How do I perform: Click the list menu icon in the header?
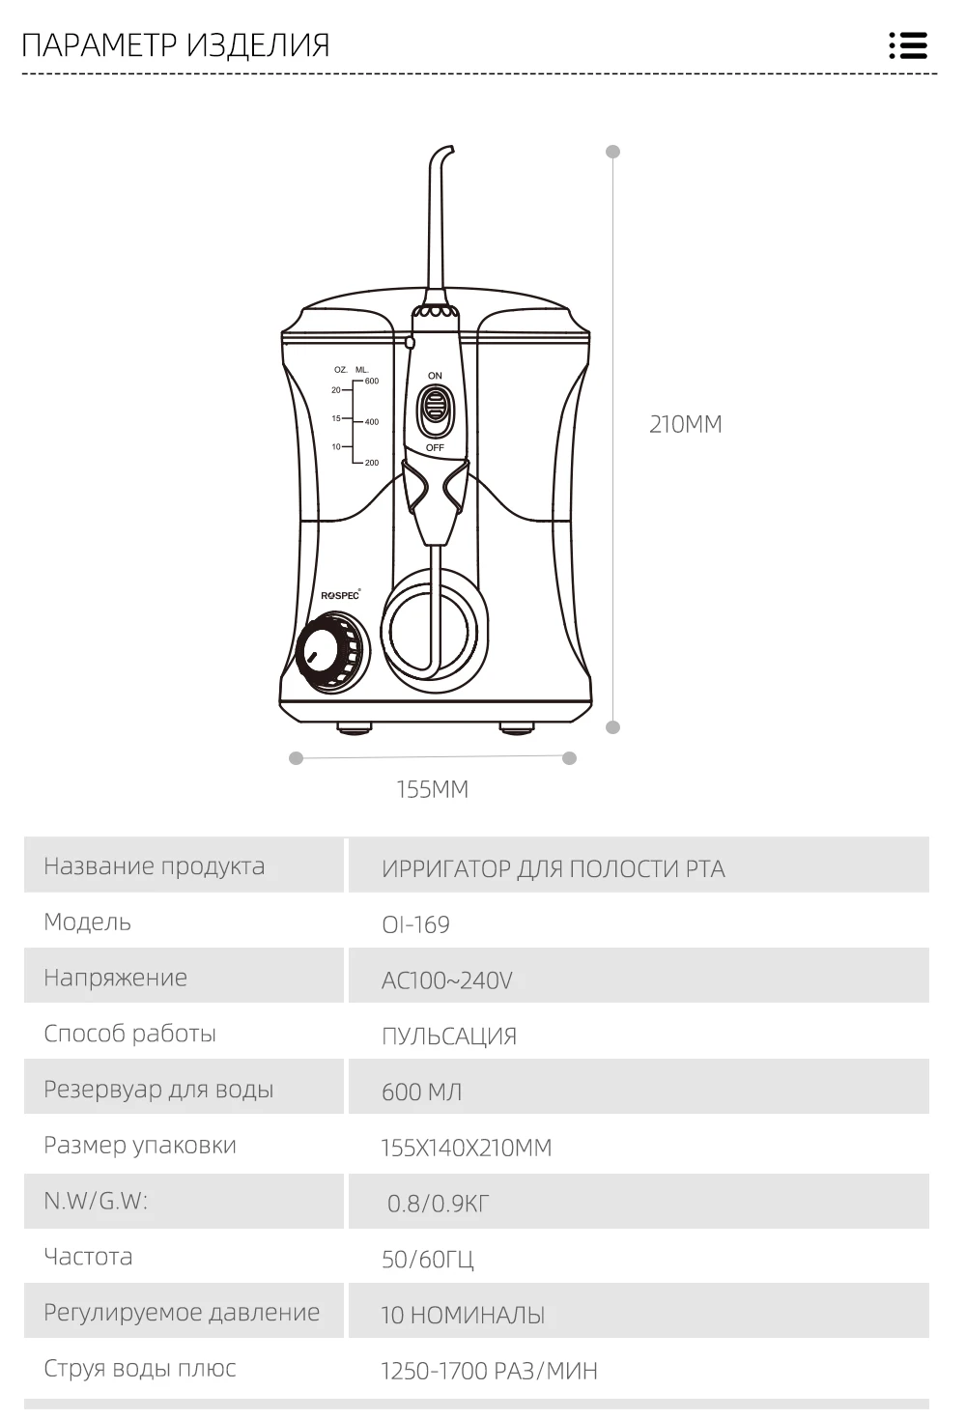point(908,45)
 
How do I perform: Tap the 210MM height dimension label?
point(685,424)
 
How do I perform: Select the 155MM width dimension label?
point(432,789)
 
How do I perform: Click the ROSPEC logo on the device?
point(340,595)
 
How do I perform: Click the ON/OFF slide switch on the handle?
point(435,411)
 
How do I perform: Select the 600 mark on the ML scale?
point(371,382)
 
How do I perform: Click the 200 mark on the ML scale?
point(371,463)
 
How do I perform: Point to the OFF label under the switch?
point(435,448)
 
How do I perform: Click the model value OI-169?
point(415,924)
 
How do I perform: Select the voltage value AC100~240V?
point(446,980)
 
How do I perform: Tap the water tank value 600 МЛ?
point(421,1092)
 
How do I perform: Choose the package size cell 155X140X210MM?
point(466,1148)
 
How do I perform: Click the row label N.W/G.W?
point(96,1201)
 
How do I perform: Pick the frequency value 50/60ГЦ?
point(427,1259)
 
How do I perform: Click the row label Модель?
point(87,922)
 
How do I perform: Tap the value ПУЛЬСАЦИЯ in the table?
point(448,1036)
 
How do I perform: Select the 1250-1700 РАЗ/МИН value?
point(489,1371)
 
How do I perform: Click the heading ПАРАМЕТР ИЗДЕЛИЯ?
point(176,45)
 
